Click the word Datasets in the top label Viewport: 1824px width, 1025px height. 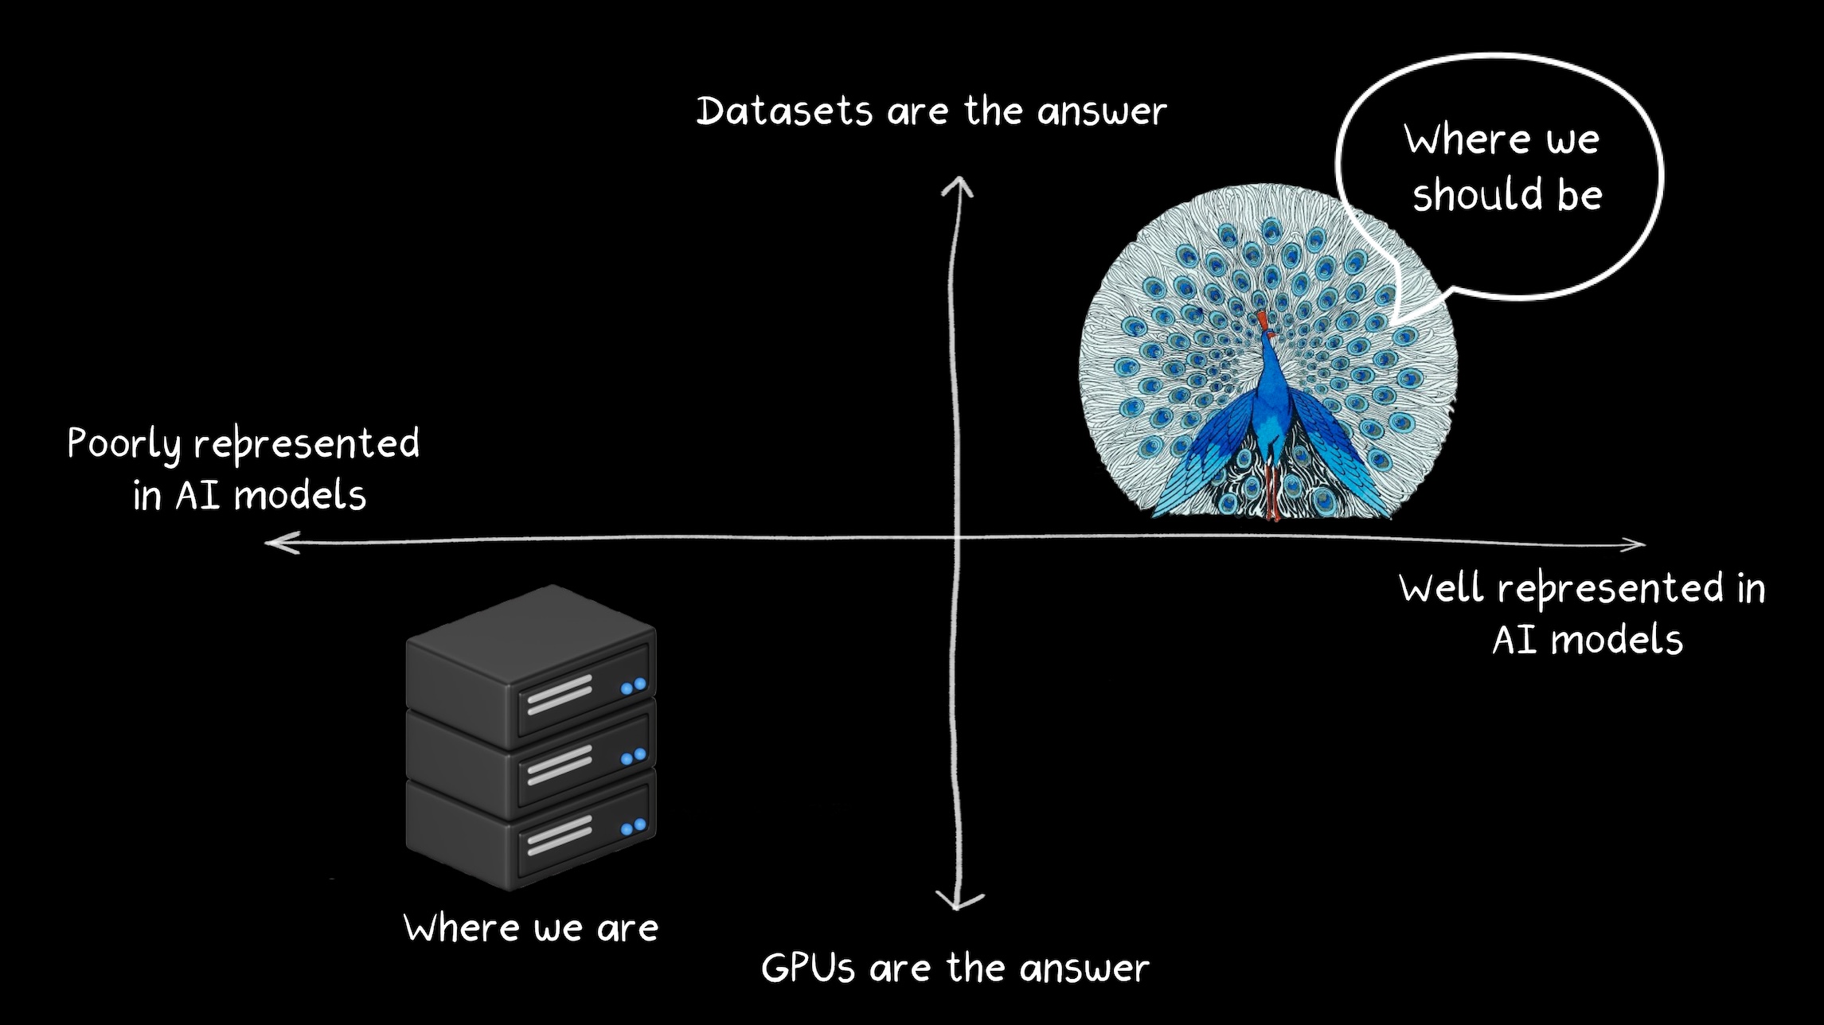tap(784, 111)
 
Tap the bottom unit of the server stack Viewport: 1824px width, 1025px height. tap(532, 828)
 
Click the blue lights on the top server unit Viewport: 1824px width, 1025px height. tap(634, 686)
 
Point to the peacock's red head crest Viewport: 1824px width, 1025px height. tap(1262, 321)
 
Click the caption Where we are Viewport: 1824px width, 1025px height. tap(531, 929)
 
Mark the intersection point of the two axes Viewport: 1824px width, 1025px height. tap(958, 539)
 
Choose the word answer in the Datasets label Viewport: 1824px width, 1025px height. tap(1102, 111)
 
